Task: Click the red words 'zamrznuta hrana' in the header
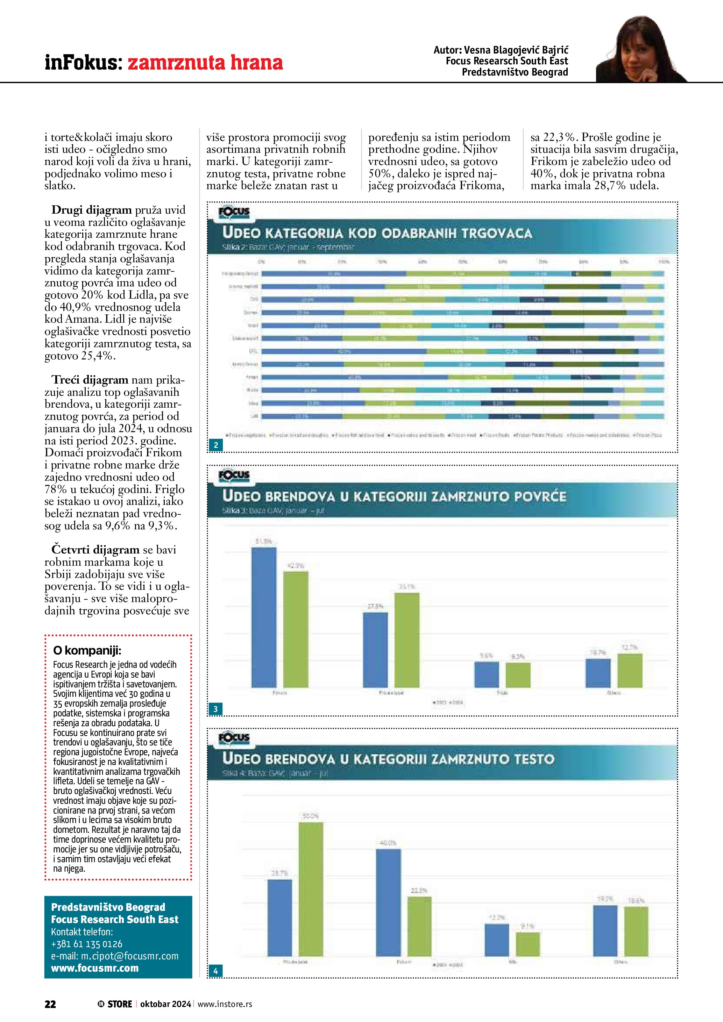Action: coord(205,62)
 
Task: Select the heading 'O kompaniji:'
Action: coord(87,650)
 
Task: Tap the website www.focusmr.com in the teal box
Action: coord(95,968)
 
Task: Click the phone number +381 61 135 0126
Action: coord(87,944)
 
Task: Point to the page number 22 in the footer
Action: coord(50,1004)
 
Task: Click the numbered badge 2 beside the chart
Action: coord(216,445)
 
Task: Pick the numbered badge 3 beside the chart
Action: coord(216,709)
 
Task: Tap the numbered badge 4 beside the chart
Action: coord(216,971)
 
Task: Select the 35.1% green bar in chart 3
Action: coord(407,641)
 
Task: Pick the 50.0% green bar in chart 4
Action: coord(311,890)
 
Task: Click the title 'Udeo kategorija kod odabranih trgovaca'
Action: coord(377,233)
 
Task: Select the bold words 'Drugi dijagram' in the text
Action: coord(92,210)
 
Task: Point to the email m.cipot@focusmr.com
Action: coord(115,956)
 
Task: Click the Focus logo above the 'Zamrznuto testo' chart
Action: coord(234,738)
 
